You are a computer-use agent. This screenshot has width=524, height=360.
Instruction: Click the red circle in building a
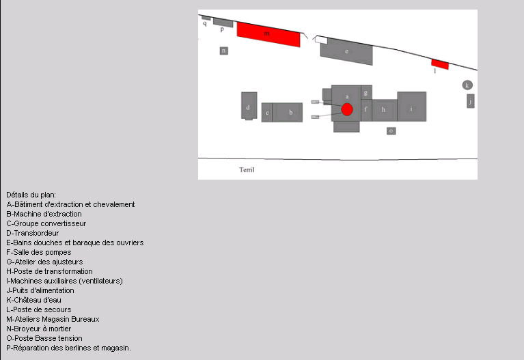[347, 109]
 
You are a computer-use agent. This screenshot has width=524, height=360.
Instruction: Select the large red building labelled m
[268, 34]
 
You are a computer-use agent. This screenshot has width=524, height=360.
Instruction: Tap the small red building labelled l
[439, 64]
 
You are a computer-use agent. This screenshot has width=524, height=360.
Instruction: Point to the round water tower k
[467, 85]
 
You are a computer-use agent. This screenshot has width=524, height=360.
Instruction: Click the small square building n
[223, 51]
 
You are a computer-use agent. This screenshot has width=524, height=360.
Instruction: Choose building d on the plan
[249, 106]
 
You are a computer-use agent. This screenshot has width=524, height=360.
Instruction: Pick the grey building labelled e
[347, 52]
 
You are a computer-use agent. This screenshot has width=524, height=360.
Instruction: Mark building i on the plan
[411, 107]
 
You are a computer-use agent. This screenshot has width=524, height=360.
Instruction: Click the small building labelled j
[470, 101]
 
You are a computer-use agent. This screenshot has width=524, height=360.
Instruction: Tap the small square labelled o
[391, 130]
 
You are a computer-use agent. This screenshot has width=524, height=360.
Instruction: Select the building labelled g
[367, 92]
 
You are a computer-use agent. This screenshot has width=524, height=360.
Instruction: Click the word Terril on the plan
[247, 170]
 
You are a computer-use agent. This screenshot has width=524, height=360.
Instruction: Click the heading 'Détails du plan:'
[31, 195]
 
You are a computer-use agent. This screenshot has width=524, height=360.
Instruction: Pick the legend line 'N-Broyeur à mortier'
[45, 329]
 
